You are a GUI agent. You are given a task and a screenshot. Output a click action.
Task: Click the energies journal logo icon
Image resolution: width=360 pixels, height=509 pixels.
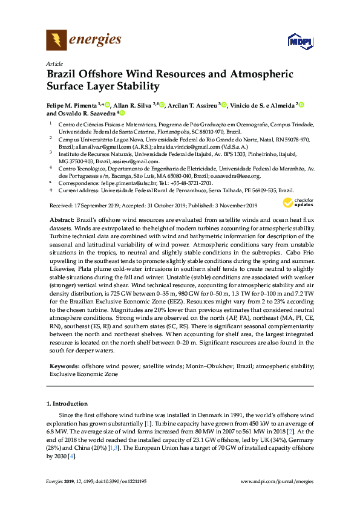pyautogui.click(x=56, y=41)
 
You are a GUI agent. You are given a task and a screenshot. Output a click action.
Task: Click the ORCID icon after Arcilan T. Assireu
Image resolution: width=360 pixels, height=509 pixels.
pyautogui.click(x=224, y=105)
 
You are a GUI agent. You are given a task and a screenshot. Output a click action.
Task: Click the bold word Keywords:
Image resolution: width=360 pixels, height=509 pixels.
pyautogui.click(x=63, y=366)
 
